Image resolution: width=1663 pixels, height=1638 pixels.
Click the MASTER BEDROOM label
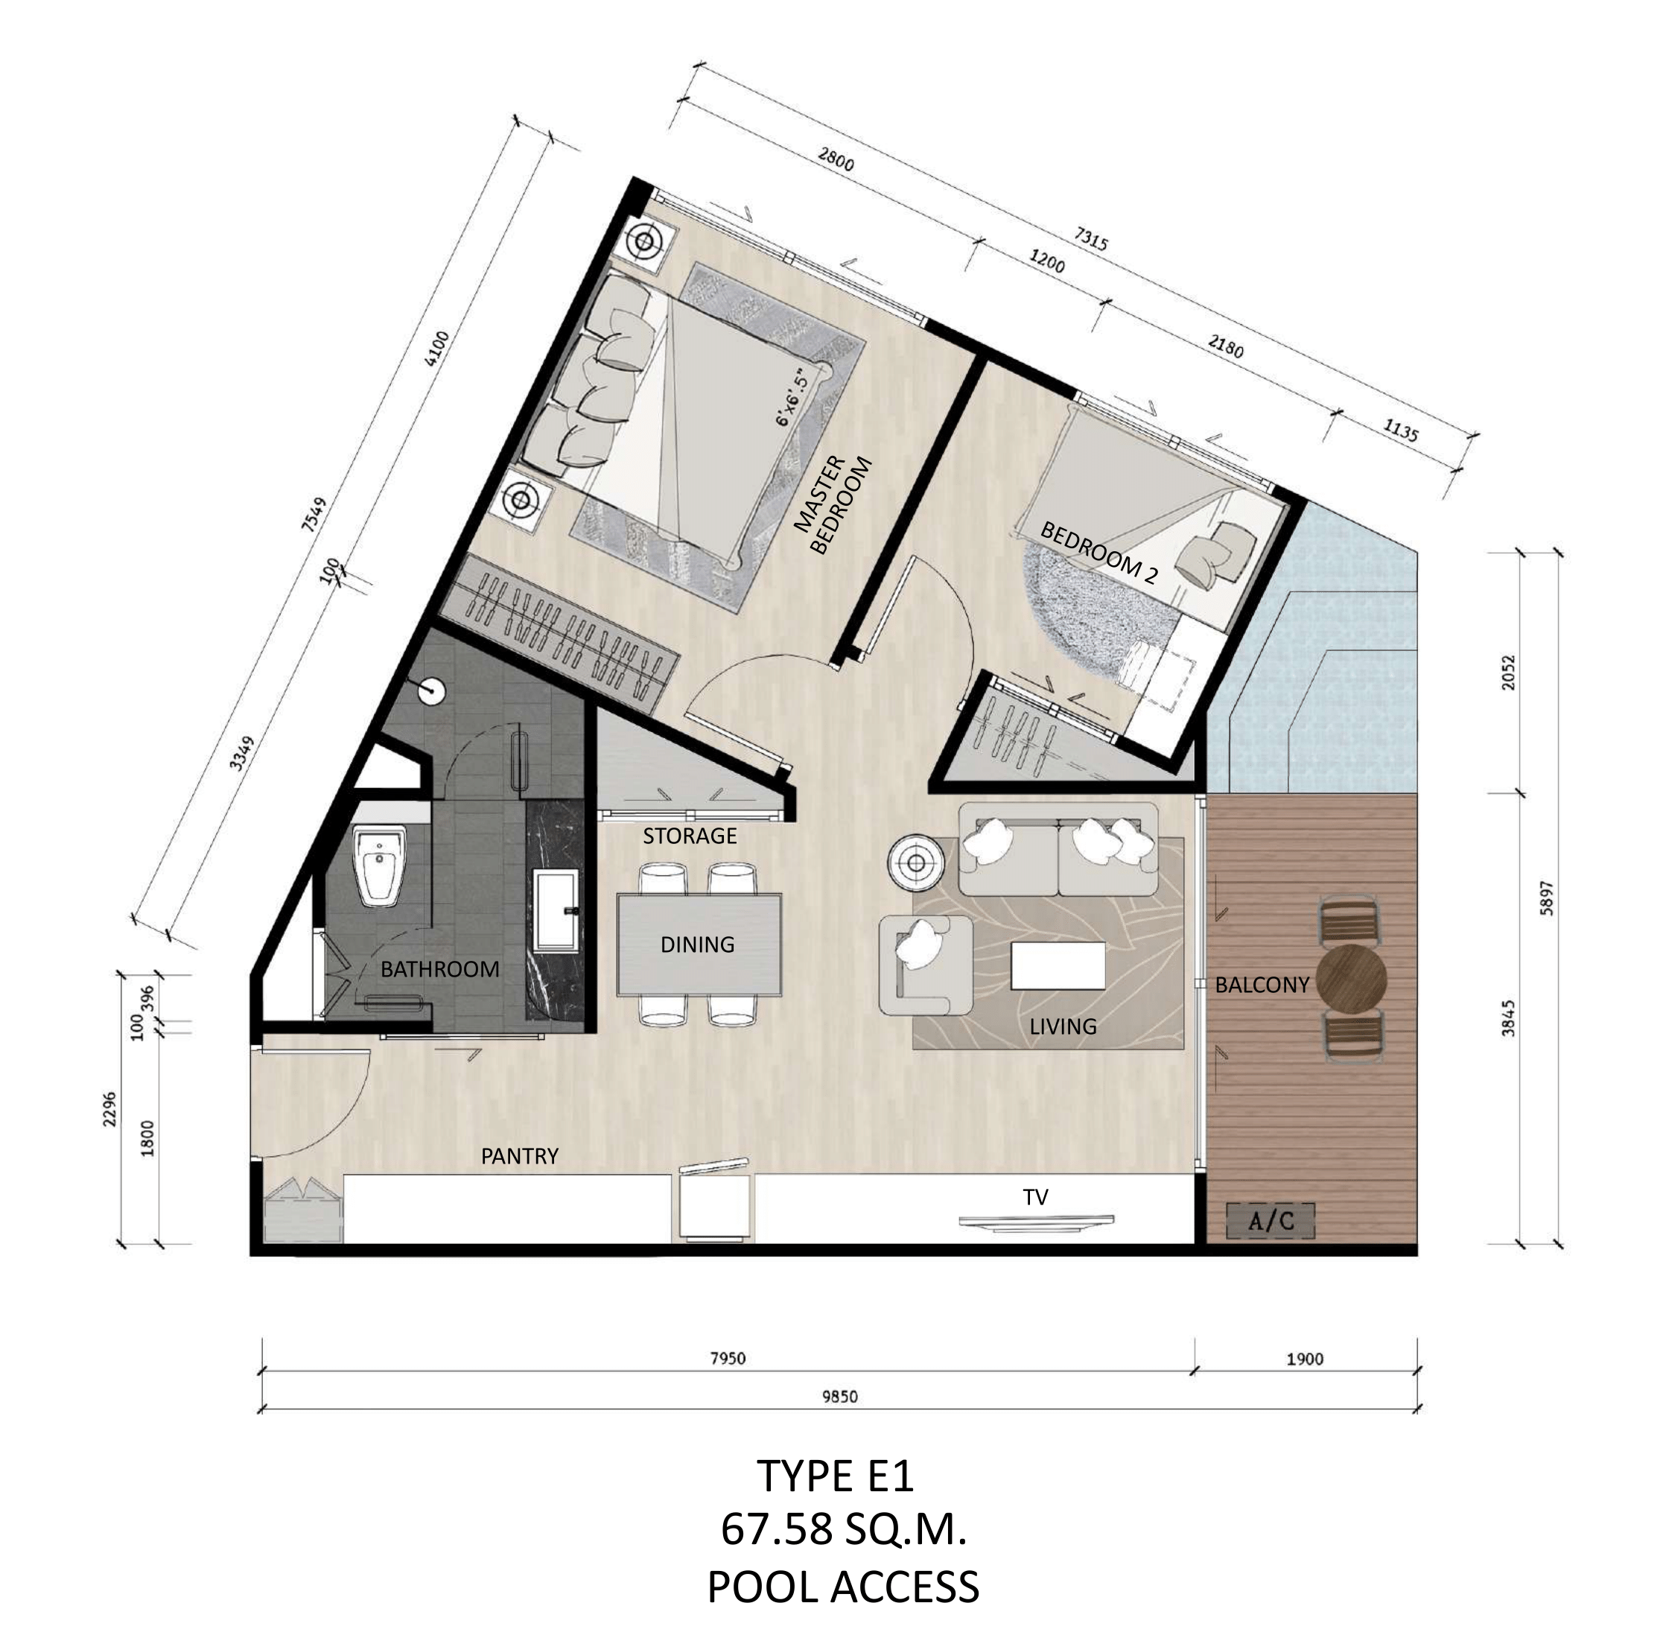[831, 506]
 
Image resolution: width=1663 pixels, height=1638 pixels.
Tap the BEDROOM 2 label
[1098, 554]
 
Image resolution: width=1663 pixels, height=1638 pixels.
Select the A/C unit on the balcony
[1270, 1220]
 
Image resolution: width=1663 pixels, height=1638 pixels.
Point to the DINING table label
[697, 945]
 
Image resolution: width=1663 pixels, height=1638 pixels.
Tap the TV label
[1035, 1197]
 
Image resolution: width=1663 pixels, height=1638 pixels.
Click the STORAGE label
[689, 835]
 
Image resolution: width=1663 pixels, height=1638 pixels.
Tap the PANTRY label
[520, 1156]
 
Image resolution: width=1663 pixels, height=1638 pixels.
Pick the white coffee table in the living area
[1058, 965]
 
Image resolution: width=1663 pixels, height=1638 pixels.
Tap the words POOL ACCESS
[843, 1587]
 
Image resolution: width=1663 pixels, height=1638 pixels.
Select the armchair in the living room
[925, 962]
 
